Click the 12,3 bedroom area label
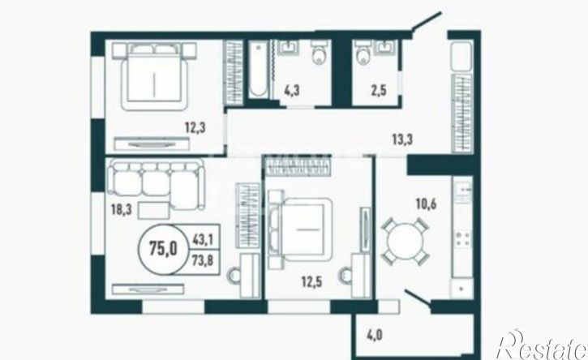[195, 127]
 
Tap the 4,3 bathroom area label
[292, 91]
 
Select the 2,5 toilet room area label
[379, 91]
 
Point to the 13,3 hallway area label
[402, 139]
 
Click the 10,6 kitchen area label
[426, 204]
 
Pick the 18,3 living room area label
[121, 209]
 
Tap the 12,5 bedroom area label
[312, 281]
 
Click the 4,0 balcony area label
[374, 335]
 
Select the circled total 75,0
[163, 248]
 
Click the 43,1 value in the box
[203, 240]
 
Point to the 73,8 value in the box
[203, 260]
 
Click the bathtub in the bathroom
[259, 70]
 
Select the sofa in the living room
[156, 184]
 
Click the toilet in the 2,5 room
[363, 54]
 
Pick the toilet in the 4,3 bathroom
[320, 54]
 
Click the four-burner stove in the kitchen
[463, 239]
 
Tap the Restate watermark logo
[542, 344]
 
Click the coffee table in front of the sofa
[154, 210]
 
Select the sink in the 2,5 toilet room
[385, 48]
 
